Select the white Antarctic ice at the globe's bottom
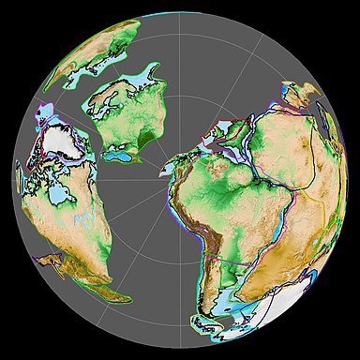[x=225, y=328]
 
